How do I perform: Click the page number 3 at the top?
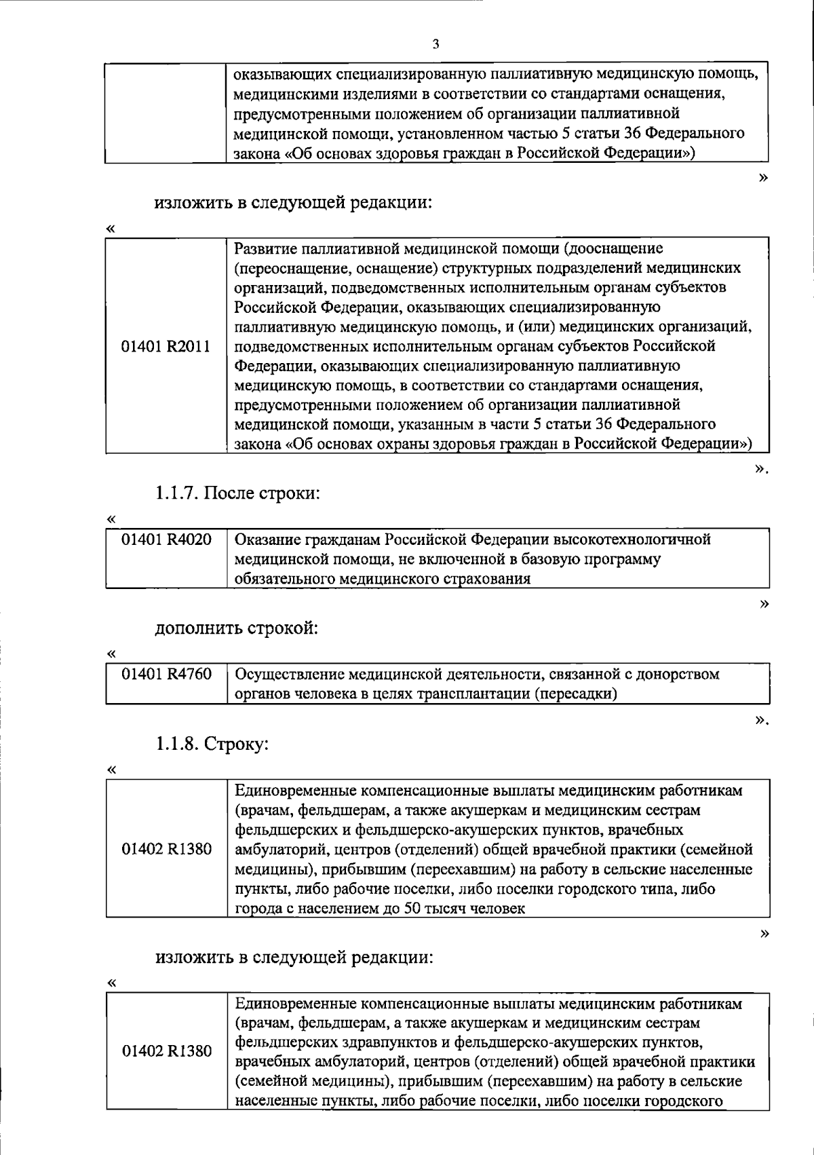tap(435, 45)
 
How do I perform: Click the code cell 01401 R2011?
tap(166, 346)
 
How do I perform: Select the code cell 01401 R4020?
tap(166, 540)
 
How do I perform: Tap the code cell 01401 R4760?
tap(166, 675)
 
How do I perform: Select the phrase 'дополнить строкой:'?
tap(237, 628)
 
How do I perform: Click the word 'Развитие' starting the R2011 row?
tap(265, 248)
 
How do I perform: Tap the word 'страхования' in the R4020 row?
tap(489, 580)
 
